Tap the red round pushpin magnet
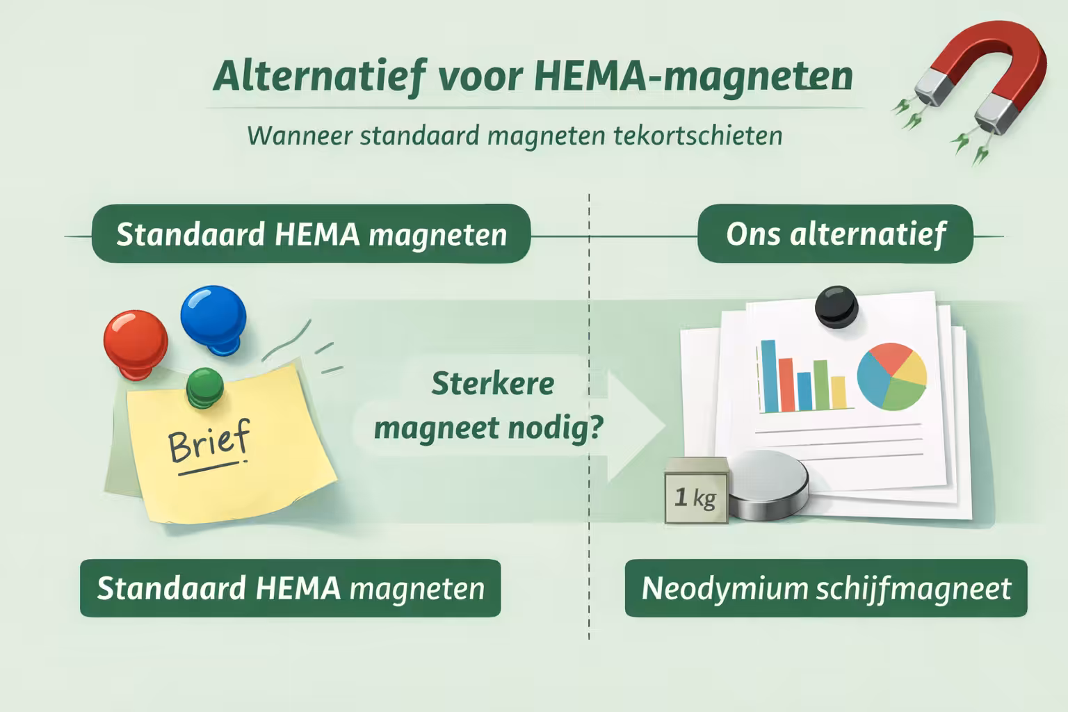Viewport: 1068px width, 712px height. tap(135, 341)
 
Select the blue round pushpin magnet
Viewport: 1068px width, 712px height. tap(213, 316)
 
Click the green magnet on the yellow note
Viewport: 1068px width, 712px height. tap(204, 386)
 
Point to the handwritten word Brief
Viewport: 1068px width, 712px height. tap(209, 443)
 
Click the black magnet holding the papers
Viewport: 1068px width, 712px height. tap(836, 306)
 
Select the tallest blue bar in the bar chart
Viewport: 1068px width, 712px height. tap(768, 375)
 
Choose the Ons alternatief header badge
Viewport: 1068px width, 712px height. tap(835, 234)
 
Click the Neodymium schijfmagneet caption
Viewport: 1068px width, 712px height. tap(825, 588)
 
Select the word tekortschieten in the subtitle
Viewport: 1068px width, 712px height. tap(698, 135)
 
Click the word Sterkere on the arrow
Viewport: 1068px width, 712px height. tap(492, 383)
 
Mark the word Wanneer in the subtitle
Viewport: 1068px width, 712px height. tap(300, 135)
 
